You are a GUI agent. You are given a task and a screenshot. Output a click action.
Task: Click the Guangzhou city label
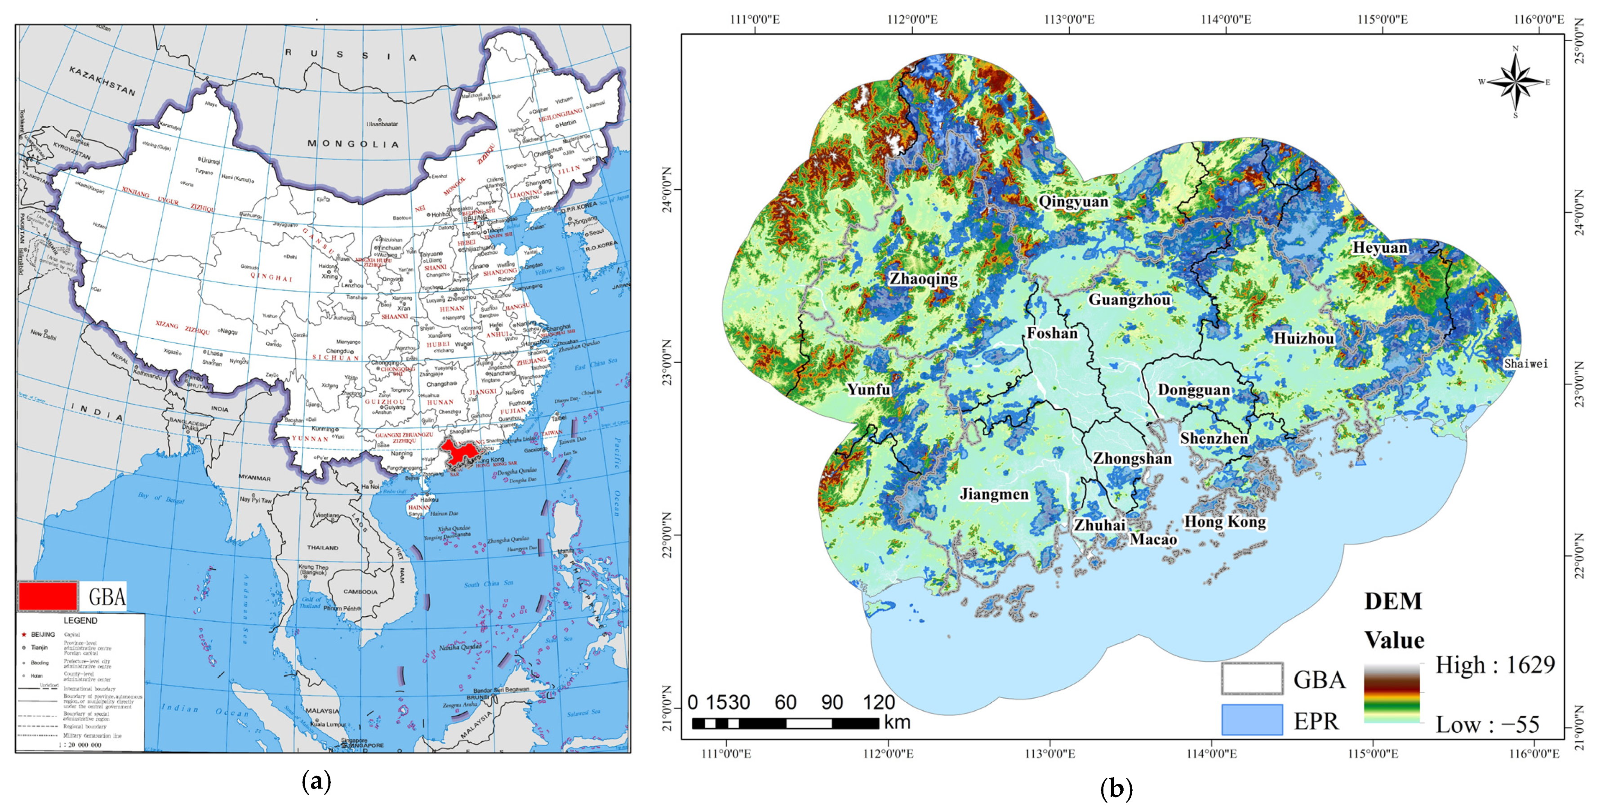(1129, 300)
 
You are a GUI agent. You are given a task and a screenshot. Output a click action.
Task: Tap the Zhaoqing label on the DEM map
(923, 279)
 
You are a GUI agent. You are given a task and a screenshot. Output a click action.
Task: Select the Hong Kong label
(1225, 522)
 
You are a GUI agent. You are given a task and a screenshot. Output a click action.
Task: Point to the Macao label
(1153, 539)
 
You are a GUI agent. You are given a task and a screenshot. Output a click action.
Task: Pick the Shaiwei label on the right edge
(1525, 363)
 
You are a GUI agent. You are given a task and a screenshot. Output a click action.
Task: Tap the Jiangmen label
(994, 495)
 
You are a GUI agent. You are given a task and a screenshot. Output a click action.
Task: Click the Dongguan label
(1194, 390)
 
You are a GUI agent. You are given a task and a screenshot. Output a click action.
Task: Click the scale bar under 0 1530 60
(786, 723)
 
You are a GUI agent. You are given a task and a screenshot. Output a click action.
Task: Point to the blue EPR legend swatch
(1252, 720)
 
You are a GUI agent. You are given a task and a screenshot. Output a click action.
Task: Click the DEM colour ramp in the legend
(1392, 693)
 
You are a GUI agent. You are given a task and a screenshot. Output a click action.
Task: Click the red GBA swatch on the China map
(48, 596)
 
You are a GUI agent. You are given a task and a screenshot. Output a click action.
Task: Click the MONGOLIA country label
(353, 144)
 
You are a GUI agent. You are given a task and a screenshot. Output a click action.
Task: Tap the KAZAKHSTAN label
(102, 81)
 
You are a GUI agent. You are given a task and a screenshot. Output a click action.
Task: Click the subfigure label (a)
(316, 781)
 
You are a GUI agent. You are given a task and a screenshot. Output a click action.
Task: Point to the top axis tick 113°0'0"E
(1069, 19)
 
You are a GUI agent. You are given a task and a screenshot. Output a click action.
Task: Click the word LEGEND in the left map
(80, 620)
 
